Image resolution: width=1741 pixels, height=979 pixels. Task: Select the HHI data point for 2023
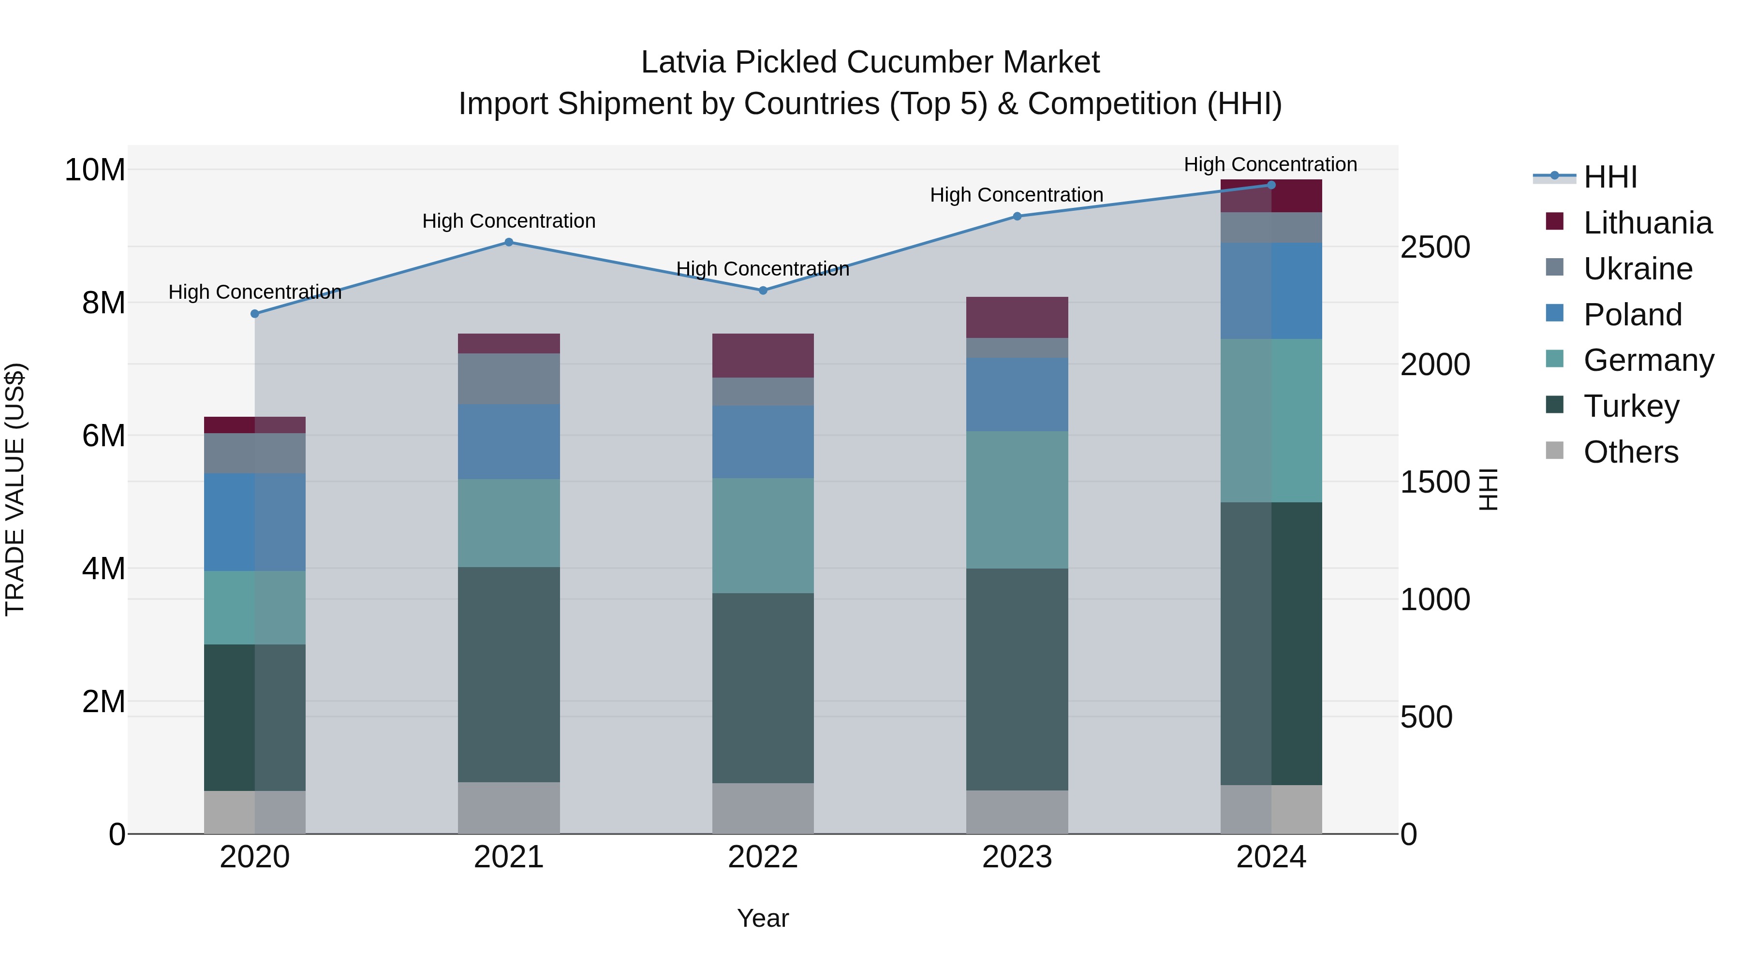(x=1017, y=216)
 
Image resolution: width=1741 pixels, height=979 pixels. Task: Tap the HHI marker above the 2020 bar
(x=255, y=313)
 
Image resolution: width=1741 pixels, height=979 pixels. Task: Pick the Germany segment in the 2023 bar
(x=1017, y=499)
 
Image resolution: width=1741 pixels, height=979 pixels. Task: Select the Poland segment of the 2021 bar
(x=509, y=441)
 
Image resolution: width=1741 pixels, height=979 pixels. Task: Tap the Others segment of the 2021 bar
(x=509, y=807)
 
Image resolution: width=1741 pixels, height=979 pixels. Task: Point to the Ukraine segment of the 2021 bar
(x=509, y=379)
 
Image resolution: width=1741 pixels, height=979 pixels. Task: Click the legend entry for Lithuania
(x=1647, y=223)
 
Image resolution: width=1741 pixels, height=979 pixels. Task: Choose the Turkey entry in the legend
(x=1631, y=406)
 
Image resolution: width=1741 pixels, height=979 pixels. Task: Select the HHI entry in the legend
(x=1610, y=177)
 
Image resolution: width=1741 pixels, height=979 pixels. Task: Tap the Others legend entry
(x=1630, y=452)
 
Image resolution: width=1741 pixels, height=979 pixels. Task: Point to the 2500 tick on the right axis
(x=1435, y=247)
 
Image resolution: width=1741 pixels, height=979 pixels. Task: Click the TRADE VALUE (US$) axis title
(x=15, y=489)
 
